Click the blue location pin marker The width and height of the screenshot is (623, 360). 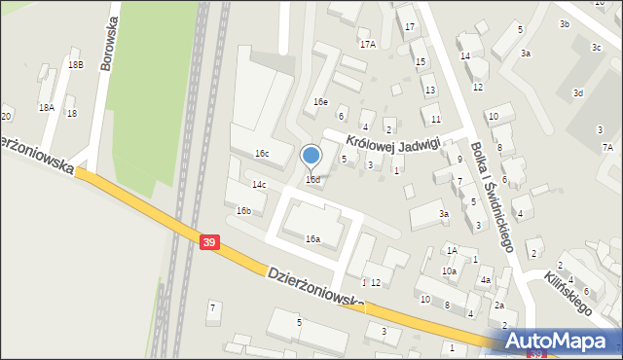tap(311, 156)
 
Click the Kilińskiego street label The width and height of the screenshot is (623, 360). tap(570, 292)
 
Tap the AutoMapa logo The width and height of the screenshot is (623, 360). tap(563, 342)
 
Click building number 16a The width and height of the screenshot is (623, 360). tap(312, 238)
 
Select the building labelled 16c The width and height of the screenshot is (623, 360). tap(261, 154)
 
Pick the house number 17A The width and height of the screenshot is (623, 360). tap(367, 45)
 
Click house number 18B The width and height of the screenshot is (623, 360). tap(76, 64)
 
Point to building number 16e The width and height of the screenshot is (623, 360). tap(320, 102)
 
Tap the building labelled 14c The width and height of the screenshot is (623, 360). tap(259, 184)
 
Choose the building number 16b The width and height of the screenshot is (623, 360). tap(243, 210)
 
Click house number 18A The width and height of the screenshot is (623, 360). tap(46, 107)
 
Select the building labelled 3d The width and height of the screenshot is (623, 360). tap(578, 93)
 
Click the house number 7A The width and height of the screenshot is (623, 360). tap(607, 147)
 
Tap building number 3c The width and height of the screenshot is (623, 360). tap(596, 47)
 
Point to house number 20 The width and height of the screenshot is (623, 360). tap(6, 117)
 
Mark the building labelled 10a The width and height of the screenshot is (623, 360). tap(449, 271)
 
